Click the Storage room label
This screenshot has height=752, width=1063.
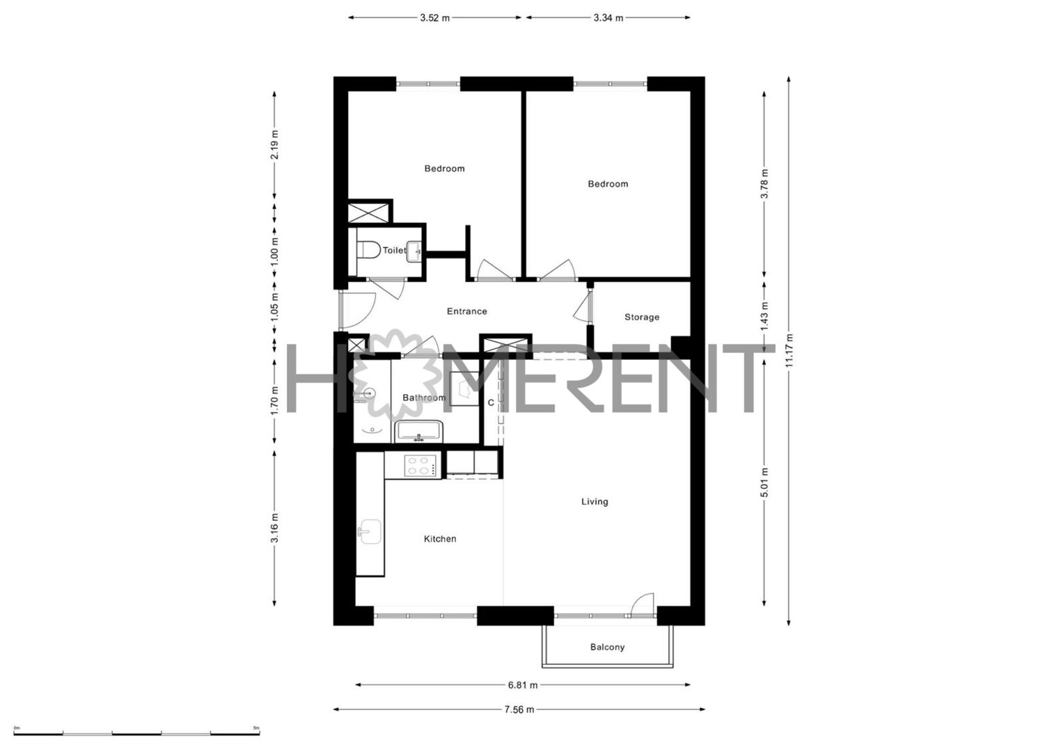tap(642, 317)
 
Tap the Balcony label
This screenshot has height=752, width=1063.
tap(607, 647)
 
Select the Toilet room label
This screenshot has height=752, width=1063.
tap(394, 250)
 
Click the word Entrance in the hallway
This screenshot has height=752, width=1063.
tap(467, 311)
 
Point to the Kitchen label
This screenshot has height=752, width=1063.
tap(440, 539)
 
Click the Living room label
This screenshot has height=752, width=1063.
tap(595, 501)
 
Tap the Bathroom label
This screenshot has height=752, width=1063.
tap(424, 398)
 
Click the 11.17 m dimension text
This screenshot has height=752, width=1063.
tap(789, 350)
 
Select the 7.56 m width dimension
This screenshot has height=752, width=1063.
tap(519, 710)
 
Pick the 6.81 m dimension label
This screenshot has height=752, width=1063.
tap(523, 685)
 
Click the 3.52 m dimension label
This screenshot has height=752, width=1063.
tap(434, 18)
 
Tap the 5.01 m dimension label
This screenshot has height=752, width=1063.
tap(764, 483)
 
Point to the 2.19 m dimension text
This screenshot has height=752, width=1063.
tap(274, 145)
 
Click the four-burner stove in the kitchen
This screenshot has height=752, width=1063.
tap(420, 465)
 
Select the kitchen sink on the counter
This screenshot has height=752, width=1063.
tap(370, 531)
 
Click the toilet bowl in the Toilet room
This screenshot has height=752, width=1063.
tap(368, 250)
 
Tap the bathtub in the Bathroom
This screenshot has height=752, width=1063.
tap(418, 431)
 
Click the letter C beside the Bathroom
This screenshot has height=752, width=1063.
tap(491, 402)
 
